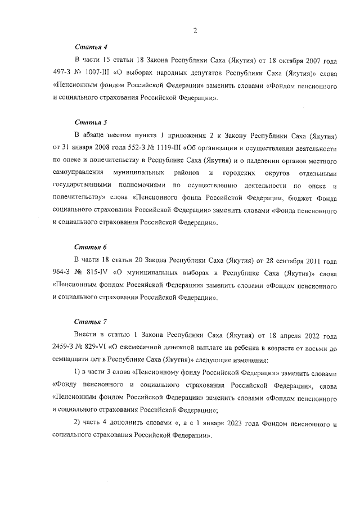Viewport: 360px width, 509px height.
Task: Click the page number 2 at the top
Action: click(194, 31)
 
